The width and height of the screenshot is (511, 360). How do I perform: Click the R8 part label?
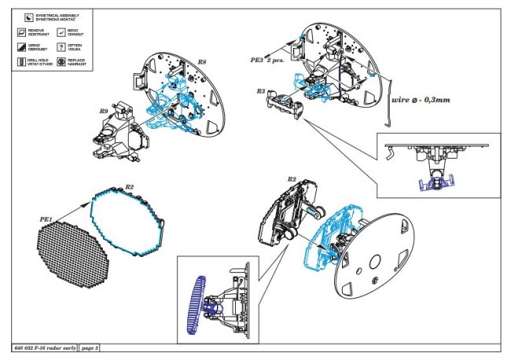pos(202,61)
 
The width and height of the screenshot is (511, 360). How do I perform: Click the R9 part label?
pos(103,112)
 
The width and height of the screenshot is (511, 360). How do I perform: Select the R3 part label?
pos(260,91)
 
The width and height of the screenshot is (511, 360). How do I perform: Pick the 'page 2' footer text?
pos(90,347)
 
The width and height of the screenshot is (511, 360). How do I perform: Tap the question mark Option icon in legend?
pos(61,47)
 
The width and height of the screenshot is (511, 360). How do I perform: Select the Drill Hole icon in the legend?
pos(21,61)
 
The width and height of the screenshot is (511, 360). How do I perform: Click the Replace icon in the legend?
pos(61,61)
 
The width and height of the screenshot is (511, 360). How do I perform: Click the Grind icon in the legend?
pos(21,47)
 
